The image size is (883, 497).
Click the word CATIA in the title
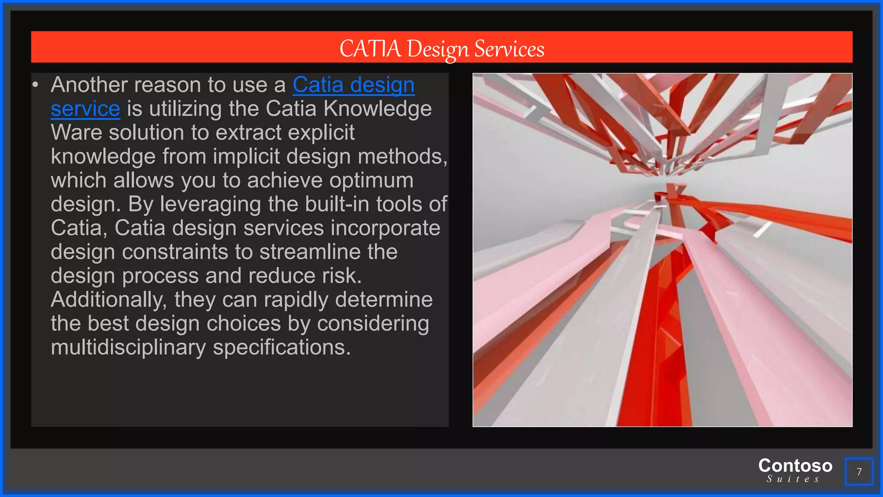370,48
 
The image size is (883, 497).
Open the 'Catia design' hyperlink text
354,85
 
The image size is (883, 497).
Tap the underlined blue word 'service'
85,109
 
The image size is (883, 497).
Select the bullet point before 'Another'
36,85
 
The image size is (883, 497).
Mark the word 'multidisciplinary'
128,347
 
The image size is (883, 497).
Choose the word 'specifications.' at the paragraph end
282,347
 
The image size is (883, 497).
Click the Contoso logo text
795,466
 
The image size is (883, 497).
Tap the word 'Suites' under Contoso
793,479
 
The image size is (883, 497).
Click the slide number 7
859,472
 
